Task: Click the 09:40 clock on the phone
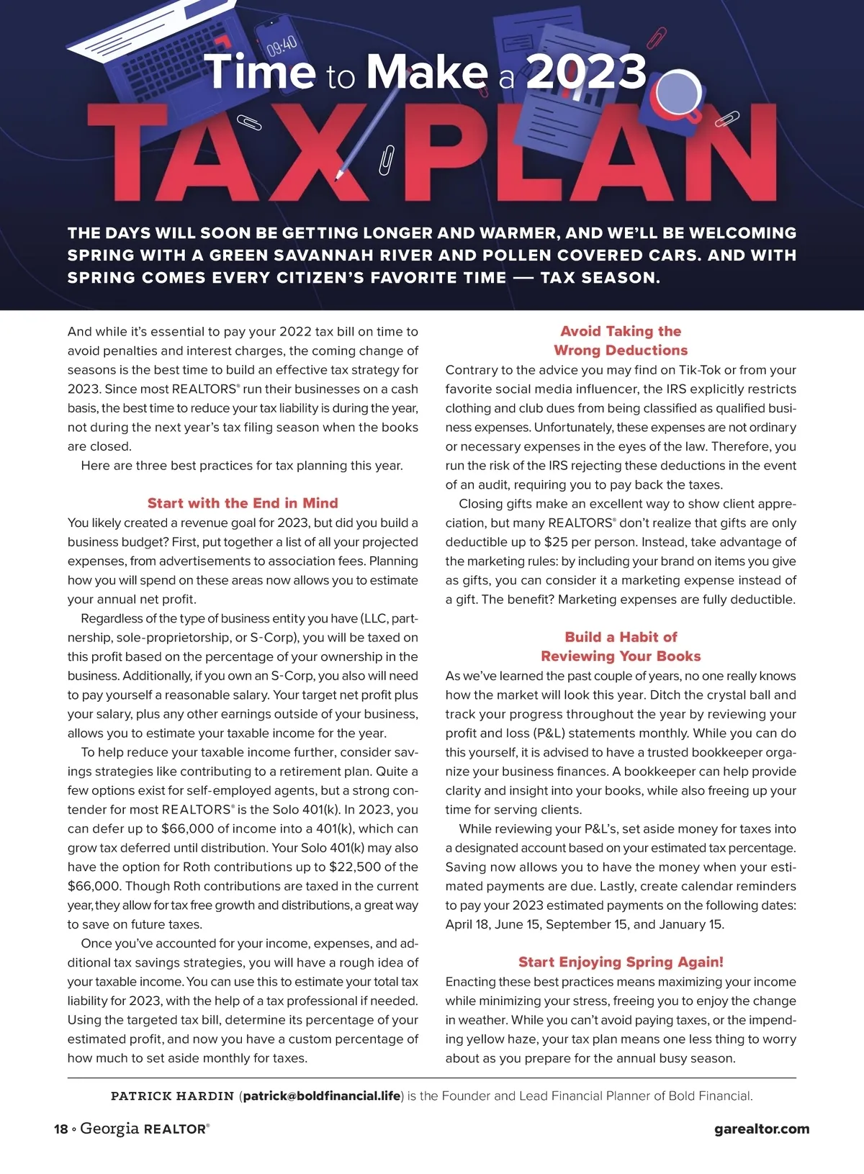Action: pos(282,45)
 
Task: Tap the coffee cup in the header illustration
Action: pos(678,93)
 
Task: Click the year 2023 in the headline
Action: pos(586,73)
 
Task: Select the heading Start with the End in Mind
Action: pos(243,503)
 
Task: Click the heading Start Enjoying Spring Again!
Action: pos(621,962)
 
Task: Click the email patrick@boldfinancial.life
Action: pos(322,1096)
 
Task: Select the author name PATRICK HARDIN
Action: pos(172,1096)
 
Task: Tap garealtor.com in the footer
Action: pos(762,1129)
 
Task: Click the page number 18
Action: pos(60,1129)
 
